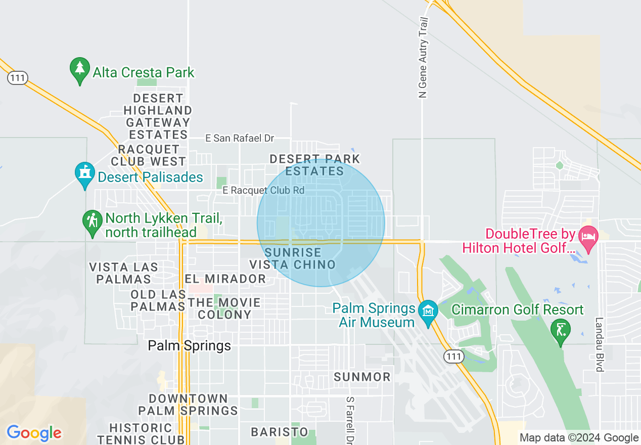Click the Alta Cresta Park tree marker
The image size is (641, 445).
(79, 71)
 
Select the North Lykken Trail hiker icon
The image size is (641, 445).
(93, 223)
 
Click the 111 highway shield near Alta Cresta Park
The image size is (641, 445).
(17, 78)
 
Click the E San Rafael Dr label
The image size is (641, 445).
(239, 138)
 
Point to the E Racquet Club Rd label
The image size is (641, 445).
(263, 190)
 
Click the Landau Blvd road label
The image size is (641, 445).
(600, 344)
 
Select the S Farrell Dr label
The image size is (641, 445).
(349, 420)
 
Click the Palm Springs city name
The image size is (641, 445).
(189, 346)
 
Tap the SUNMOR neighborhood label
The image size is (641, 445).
(362, 377)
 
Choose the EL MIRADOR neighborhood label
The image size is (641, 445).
(225, 279)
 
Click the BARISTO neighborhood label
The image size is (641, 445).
(280, 432)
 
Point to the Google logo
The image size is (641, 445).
(34, 433)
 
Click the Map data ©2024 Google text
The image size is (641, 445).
(579, 438)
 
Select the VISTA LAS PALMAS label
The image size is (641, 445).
(123, 273)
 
